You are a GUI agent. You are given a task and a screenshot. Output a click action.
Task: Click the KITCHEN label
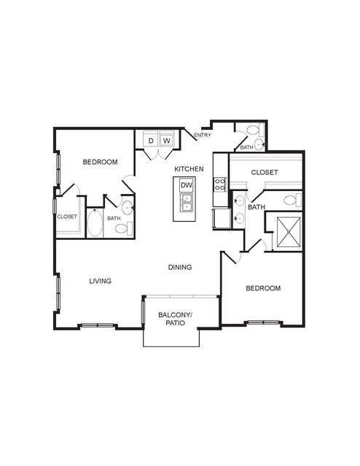pos(189,168)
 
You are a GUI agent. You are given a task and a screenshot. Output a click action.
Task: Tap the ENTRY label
pos(203,135)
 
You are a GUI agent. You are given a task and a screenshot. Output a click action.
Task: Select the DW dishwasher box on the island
pos(187,185)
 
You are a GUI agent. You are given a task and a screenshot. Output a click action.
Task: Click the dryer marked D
pos(151,139)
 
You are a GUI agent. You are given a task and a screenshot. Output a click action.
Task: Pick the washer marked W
pos(167,139)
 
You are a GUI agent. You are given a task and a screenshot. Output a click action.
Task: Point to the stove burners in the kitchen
pos(220,185)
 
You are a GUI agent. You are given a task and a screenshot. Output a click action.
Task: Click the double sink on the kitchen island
pos(187,203)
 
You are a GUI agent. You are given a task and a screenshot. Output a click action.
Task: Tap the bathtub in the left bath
pos(95,223)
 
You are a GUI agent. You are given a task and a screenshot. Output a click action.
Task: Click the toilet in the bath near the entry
pos(256,130)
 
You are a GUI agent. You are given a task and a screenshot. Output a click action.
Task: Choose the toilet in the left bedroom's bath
pos(124,228)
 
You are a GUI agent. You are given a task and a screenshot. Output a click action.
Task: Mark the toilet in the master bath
pos(292,200)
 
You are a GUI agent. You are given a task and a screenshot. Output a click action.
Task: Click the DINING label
pos(180,267)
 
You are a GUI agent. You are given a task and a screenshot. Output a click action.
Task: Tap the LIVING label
pos(101,281)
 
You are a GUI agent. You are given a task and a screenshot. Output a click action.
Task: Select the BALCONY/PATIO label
pos(176,319)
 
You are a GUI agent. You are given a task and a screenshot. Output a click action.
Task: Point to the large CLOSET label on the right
pos(265,172)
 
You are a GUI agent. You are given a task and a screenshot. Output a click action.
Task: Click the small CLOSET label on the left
pos(67,217)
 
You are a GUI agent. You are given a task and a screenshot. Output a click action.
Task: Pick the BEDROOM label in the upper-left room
pos(100,162)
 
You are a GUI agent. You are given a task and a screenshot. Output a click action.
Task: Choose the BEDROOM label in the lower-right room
pos(263,288)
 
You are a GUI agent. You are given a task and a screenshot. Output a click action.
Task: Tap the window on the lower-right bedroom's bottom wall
pos(264,322)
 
